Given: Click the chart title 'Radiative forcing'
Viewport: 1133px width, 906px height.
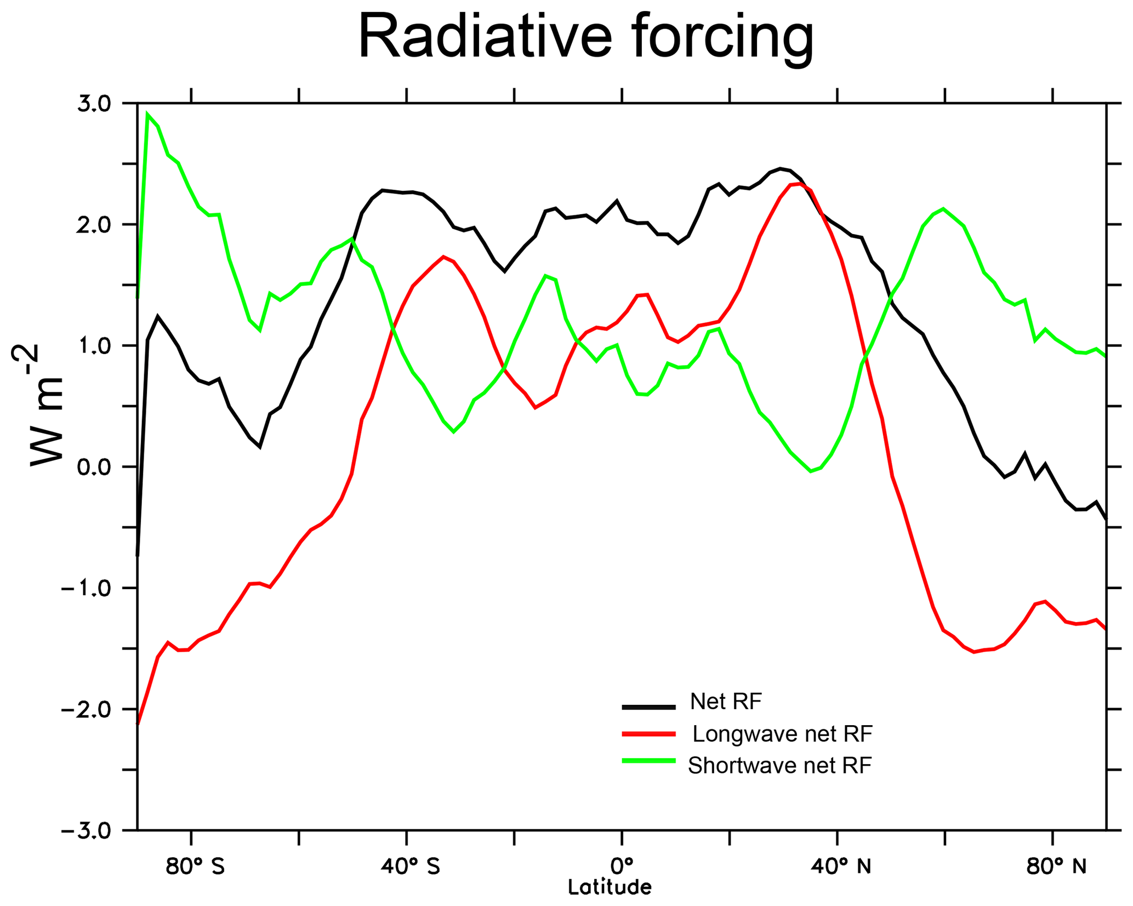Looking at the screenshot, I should [585, 37].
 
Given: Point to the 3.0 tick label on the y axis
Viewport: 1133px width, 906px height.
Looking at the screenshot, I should [94, 104].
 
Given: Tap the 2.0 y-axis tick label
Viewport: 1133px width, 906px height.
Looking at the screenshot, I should [94, 225].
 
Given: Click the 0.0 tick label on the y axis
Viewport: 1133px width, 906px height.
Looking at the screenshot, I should [94, 467].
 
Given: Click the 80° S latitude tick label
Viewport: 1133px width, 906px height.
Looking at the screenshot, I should [195, 867].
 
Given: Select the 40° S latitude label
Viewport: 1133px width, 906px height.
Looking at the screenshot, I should [411, 867].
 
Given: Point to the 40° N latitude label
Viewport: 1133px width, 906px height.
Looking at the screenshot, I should [841, 867].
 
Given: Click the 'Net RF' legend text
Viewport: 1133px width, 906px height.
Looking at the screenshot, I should [726, 702].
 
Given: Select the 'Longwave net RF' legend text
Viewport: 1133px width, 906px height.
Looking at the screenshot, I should [782, 733].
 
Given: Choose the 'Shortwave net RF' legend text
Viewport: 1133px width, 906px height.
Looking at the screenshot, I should [779, 766].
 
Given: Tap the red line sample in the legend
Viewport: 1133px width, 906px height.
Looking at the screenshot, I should [648, 733].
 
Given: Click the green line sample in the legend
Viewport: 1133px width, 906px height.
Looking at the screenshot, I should [648, 761].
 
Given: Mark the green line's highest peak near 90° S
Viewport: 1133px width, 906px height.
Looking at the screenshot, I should [147, 115].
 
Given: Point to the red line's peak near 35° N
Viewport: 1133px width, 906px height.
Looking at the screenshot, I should [800, 184].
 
